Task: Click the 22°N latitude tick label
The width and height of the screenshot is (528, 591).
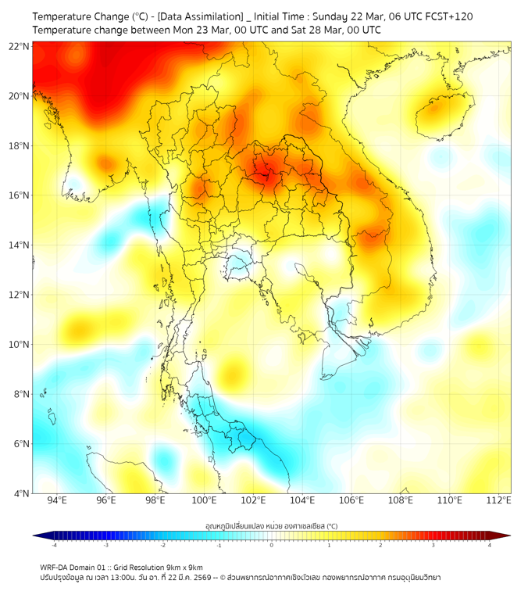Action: [x=20, y=46]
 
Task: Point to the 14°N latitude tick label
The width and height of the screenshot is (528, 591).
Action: [x=20, y=245]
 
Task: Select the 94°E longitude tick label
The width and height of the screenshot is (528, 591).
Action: [x=57, y=500]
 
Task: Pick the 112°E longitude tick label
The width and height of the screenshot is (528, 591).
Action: [x=498, y=500]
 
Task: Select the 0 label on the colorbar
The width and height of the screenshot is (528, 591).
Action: [x=272, y=545]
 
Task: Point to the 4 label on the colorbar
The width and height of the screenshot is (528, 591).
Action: [x=490, y=545]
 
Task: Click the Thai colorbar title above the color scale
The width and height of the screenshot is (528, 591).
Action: [x=271, y=526]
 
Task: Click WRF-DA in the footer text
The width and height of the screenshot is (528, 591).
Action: [x=55, y=567]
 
